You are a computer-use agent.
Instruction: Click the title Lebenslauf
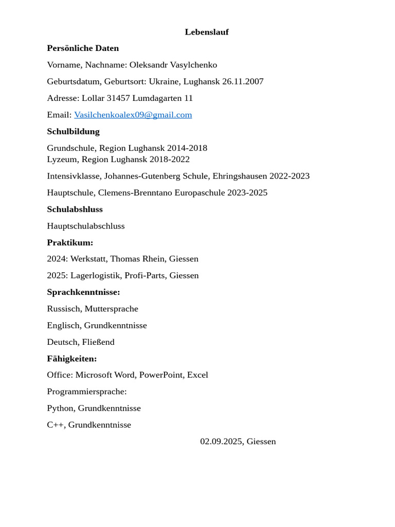207,32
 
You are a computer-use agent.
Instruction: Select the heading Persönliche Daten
83,48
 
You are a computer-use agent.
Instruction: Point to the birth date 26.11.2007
243,81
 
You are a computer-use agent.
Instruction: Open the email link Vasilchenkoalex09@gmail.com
133,115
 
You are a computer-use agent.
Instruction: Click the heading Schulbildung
73,131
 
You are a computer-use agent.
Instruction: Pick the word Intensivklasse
73,176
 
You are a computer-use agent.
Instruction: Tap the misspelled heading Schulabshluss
75,209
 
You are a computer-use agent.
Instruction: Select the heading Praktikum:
70,242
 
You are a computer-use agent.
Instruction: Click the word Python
60,408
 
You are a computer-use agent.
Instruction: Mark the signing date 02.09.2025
221,442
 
